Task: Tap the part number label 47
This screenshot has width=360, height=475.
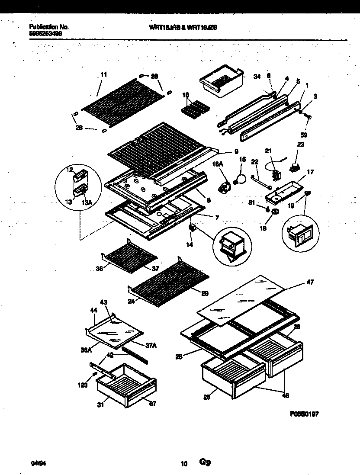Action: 310,282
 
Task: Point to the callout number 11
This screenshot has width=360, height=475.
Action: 103,75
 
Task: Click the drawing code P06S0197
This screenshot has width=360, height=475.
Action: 304,414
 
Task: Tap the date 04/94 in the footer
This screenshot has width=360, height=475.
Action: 38,463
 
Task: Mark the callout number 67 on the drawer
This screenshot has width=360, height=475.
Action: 152,404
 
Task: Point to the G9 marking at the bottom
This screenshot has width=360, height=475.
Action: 205,462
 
